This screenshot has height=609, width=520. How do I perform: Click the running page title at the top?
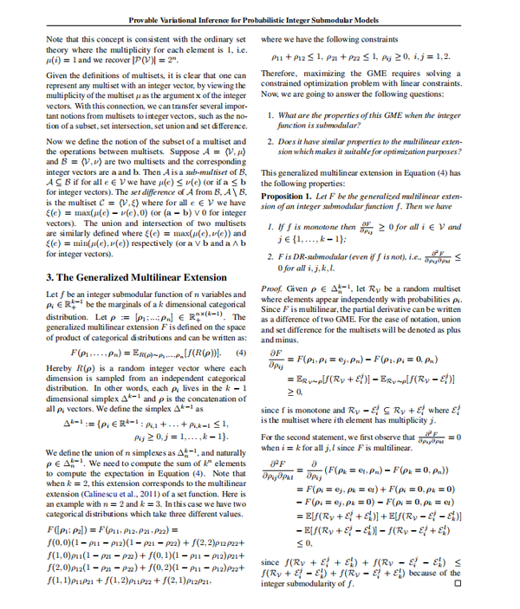pyautogui.click(x=259, y=20)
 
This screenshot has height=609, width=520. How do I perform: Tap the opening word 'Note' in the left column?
pyautogui.click(x=54, y=39)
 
